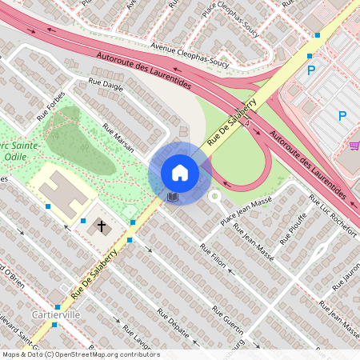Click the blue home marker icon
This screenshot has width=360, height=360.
180,172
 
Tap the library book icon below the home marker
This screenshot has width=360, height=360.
172,196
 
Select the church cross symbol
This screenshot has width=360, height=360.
102,226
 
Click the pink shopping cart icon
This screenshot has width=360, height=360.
354,146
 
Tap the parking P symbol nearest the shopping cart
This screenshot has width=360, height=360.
342,116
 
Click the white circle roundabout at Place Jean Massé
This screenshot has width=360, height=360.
214,195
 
